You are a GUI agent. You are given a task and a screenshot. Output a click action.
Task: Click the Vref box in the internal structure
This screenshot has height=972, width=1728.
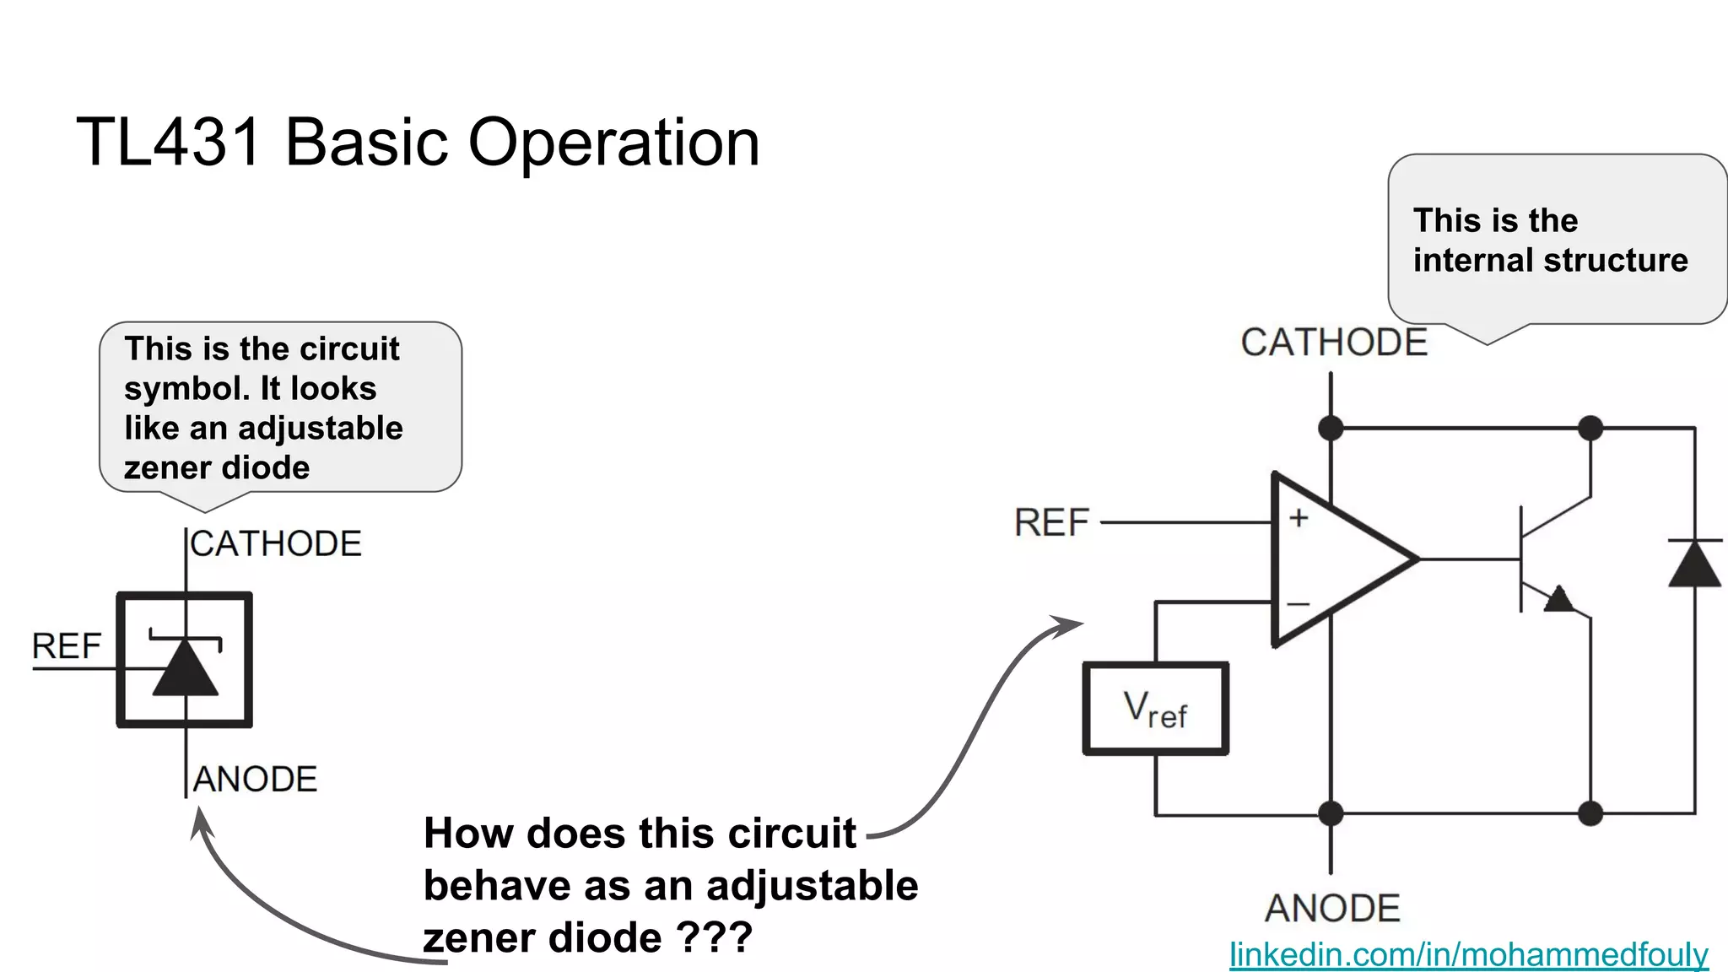point(1155,709)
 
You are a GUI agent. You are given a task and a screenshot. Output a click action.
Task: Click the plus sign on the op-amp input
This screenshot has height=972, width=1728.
point(1299,517)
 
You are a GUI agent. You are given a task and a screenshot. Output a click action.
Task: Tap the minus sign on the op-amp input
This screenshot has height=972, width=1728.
point(1298,604)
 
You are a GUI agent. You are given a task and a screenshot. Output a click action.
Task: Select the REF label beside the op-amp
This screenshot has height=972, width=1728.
point(1051,523)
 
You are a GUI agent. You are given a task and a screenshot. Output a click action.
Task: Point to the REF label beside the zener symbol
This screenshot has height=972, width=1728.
point(66,646)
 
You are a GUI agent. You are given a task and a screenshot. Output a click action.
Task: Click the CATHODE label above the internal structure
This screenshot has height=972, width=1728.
point(1333,343)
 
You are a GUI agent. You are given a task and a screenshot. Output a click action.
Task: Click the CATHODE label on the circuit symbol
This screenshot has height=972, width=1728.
point(276,544)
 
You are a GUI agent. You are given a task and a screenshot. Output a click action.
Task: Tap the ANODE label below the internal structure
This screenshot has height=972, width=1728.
point(1332,909)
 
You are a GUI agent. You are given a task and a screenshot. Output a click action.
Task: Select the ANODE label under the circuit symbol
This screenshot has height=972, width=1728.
point(255,780)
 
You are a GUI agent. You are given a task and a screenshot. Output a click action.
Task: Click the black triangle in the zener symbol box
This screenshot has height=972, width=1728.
point(186,669)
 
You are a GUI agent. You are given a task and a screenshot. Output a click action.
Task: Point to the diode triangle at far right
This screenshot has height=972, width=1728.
point(1694,564)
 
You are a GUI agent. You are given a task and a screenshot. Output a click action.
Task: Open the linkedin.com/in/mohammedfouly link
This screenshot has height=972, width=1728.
point(1468,954)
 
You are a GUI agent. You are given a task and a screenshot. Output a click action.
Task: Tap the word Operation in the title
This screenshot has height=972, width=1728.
point(613,142)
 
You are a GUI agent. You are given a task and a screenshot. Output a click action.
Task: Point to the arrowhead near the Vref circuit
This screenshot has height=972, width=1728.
point(1070,625)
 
